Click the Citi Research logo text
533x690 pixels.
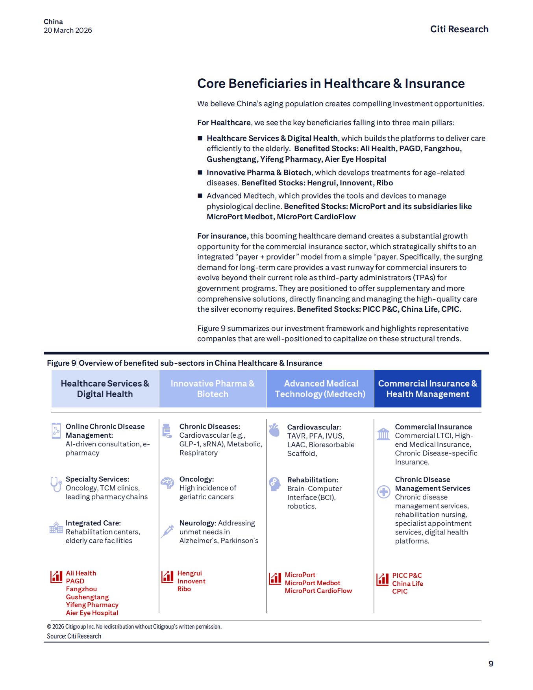point(459,29)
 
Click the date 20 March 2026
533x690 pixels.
point(68,30)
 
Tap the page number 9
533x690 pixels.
point(490,664)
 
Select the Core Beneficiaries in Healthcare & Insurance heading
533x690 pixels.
point(331,83)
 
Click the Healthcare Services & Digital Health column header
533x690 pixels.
point(105,388)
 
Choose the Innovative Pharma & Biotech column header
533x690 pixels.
point(213,388)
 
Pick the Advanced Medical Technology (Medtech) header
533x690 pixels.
point(320,388)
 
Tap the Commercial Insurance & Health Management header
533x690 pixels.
point(428,388)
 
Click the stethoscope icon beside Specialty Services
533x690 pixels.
point(56,484)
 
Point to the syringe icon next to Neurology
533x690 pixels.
point(167,531)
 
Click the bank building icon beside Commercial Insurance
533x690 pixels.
point(383,434)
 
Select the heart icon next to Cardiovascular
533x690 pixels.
point(274,430)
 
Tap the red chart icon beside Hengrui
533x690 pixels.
point(167,577)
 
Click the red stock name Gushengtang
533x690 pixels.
point(87,597)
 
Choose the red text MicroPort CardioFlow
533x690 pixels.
point(318,591)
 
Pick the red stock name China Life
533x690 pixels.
point(407,584)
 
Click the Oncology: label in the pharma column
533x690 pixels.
point(196,479)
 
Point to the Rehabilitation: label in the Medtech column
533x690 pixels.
point(313,480)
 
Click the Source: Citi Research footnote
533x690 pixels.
point(74,636)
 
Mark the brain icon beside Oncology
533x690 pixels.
point(167,483)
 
